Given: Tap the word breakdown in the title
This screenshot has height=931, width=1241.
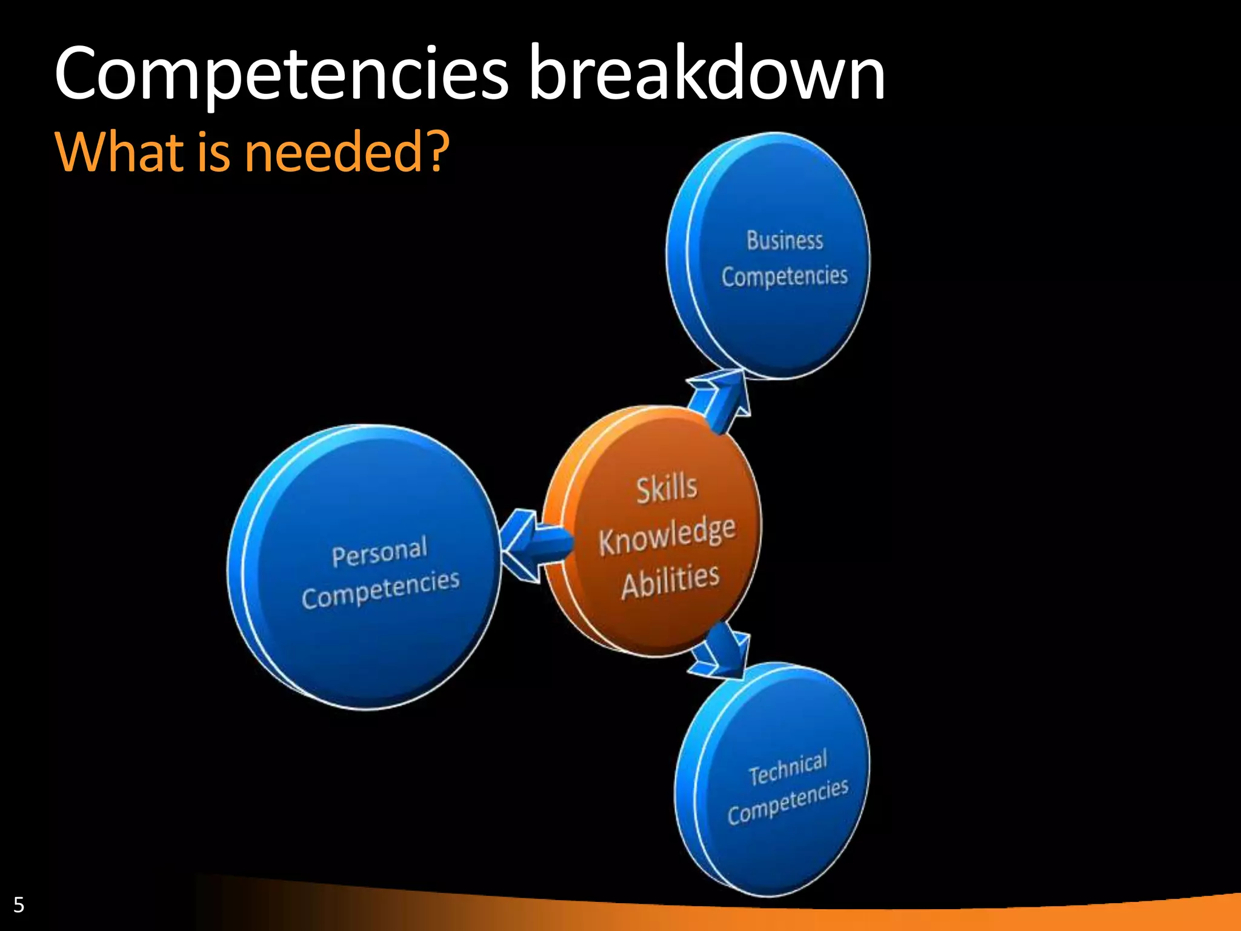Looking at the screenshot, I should click(x=707, y=74).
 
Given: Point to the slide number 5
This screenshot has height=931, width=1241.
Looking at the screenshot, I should click(x=19, y=905).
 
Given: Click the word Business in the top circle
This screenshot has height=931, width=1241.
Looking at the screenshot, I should click(x=784, y=241).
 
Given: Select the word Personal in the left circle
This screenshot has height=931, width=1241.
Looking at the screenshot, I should click(x=379, y=552).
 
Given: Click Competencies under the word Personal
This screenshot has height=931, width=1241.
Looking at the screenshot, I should click(x=381, y=589).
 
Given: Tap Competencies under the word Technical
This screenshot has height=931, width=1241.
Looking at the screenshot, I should click(x=788, y=802).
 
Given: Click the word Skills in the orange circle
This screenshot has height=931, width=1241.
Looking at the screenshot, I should click(x=667, y=489).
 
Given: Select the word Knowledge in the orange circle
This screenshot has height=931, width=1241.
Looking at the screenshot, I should click(x=667, y=535).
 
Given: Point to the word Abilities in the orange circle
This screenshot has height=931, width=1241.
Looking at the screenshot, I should click(x=670, y=581).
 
